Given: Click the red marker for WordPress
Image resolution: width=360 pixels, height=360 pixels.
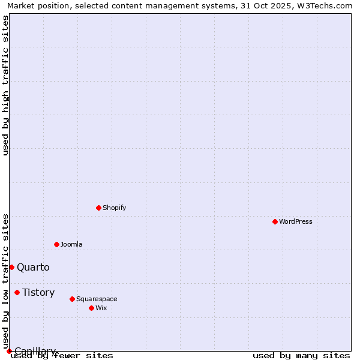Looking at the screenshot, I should (x=275, y=221).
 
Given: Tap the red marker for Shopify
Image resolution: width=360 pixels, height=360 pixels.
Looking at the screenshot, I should (x=98, y=208).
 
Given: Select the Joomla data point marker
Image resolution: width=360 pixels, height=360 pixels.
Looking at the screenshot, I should (x=56, y=244).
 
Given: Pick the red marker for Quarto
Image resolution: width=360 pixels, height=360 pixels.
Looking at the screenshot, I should (x=11, y=267).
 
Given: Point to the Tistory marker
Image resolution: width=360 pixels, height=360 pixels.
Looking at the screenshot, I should (x=17, y=292).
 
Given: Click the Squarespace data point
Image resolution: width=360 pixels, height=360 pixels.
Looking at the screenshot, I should (x=72, y=299).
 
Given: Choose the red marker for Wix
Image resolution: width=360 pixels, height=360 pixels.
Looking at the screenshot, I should (x=91, y=308).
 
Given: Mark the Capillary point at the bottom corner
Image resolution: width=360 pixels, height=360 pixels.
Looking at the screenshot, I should (x=9, y=351).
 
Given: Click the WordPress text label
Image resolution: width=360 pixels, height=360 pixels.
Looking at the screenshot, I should (x=296, y=221).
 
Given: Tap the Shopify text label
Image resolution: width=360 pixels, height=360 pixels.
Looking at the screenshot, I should (x=114, y=208).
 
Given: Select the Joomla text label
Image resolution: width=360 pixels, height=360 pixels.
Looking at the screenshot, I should (x=71, y=244).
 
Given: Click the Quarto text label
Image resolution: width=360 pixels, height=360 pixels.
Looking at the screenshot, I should (x=33, y=267).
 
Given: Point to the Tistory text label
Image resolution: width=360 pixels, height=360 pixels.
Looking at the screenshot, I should (x=38, y=292).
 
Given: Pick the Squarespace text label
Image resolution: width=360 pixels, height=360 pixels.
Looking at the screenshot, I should (x=97, y=299).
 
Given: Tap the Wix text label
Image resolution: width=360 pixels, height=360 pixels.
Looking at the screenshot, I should (x=101, y=308).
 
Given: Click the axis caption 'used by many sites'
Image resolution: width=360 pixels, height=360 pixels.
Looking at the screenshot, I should (x=301, y=356).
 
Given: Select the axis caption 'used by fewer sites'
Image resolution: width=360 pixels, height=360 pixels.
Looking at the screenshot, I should (x=62, y=356).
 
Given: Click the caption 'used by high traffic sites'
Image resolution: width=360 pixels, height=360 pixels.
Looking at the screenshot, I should (x=5, y=85).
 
